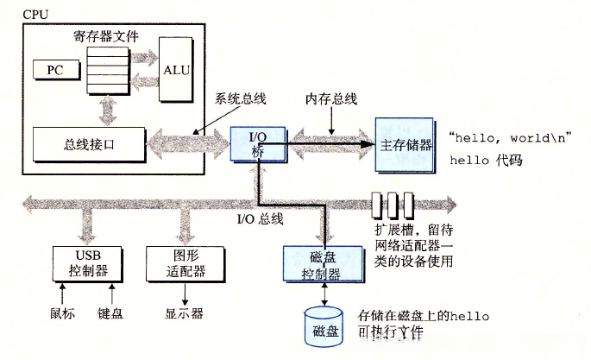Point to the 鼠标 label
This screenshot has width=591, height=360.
(64, 313)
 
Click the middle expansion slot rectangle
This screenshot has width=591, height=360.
(393, 205)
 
